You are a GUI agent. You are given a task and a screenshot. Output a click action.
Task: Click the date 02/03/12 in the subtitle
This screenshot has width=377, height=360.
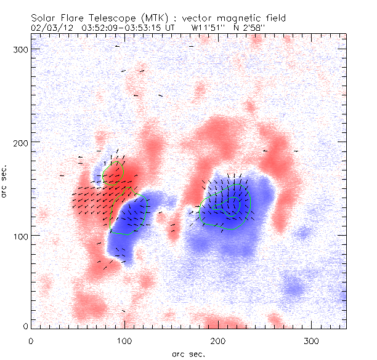[x=51, y=27]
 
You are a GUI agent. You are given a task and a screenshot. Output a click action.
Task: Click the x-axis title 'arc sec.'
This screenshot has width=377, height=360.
[x=188, y=354]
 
